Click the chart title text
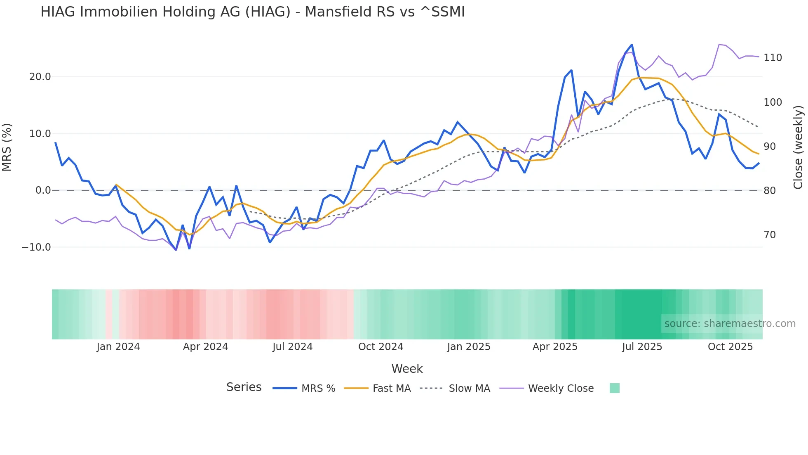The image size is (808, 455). click(x=252, y=12)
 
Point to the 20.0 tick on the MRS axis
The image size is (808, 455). click(x=40, y=77)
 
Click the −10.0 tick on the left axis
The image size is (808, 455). click(x=36, y=247)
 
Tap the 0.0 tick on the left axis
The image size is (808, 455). click(x=43, y=190)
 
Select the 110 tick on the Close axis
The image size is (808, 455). click(x=773, y=58)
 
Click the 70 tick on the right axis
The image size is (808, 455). click(x=770, y=235)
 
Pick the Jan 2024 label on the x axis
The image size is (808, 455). click(x=118, y=347)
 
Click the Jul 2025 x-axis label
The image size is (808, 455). click(x=642, y=347)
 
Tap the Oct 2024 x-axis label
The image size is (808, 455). click(x=381, y=347)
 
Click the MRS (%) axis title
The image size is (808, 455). click(x=7, y=147)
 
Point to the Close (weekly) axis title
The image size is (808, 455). click(x=798, y=147)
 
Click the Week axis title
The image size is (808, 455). click(x=407, y=369)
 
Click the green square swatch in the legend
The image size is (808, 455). click(x=614, y=388)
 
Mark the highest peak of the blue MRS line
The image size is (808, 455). click(x=632, y=45)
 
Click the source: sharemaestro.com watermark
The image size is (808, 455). click(x=730, y=324)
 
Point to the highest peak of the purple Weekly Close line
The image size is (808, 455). click(x=719, y=45)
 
